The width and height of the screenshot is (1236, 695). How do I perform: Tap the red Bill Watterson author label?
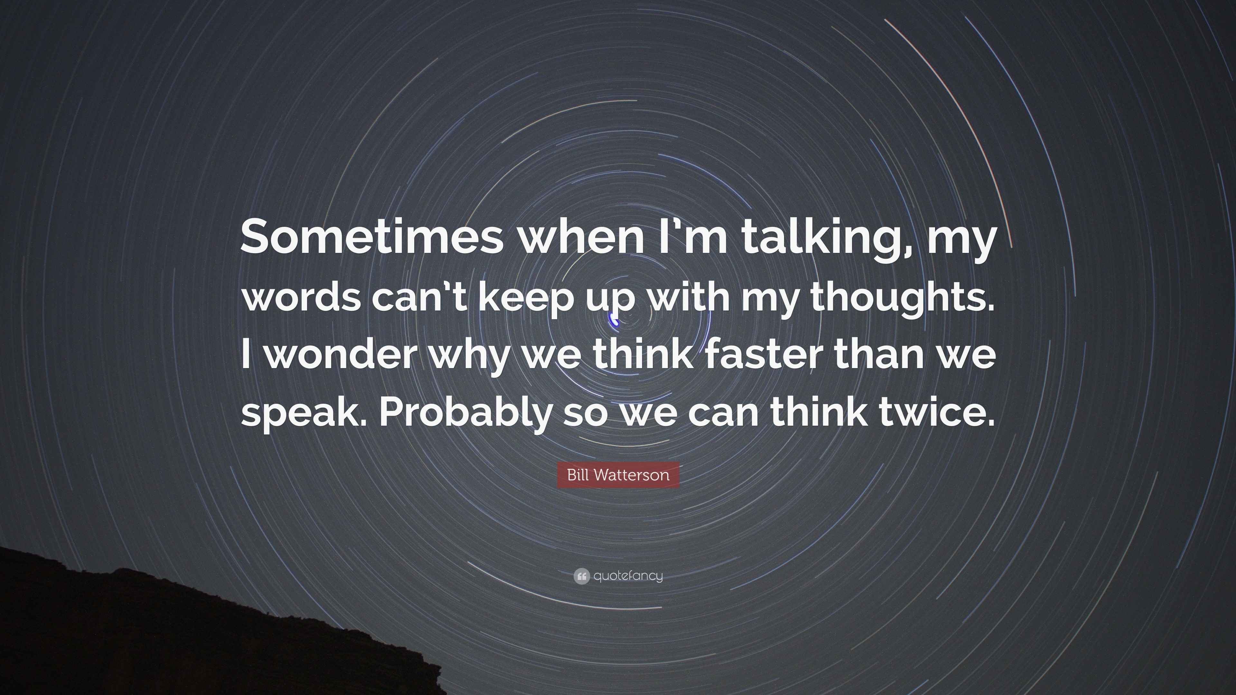click(x=618, y=475)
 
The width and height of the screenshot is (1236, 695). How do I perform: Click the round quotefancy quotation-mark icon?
click(x=581, y=576)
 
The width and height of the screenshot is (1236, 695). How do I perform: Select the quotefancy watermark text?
click(x=628, y=576)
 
